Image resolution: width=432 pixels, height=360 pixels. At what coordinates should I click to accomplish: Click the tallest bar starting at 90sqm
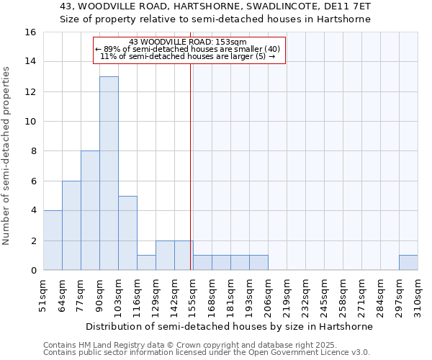tap(109, 173)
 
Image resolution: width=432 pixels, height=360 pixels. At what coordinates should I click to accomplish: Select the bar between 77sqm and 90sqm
tap(90, 210)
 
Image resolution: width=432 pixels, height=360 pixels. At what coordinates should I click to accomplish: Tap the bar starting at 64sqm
tap(71, 225)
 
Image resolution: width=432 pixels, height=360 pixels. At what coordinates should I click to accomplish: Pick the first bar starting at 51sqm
tap(53, 240)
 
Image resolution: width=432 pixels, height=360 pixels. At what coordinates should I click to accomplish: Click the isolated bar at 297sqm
tap(408, 263)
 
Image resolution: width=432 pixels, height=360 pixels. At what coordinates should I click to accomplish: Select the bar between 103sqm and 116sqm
tap(127, 233)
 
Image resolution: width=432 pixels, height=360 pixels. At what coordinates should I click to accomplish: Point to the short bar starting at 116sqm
tap(146, 263)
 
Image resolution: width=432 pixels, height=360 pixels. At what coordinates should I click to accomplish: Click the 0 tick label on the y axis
tap(32, 271)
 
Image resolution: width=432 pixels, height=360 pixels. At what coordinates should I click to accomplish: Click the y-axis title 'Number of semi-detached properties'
tap(7, 155)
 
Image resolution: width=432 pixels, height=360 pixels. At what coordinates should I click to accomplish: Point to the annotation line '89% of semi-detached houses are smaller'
tap(189, 48)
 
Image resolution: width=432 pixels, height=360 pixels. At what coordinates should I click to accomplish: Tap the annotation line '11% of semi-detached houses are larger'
tap(188, 56)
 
